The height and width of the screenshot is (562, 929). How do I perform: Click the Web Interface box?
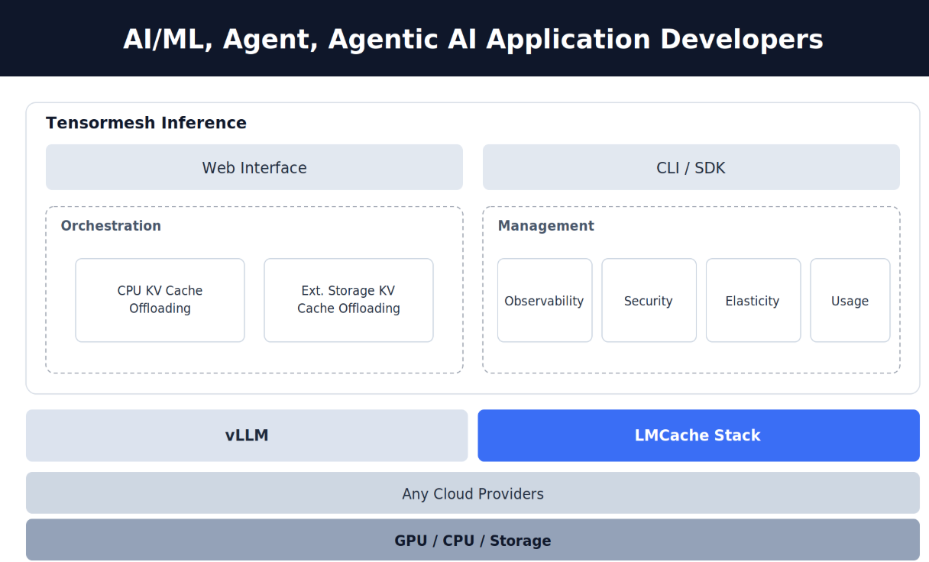point(254,167)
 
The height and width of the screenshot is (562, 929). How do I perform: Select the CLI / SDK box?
point(691,167)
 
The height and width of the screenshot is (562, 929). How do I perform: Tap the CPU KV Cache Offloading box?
point(160,300)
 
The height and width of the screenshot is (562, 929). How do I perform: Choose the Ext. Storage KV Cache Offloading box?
point(349,300)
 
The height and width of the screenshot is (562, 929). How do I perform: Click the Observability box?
point(545,300)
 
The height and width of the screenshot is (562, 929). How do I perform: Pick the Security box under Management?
point(649,300)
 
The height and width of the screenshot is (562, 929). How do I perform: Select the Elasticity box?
point(753,300)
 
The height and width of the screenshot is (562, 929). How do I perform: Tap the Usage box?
point(850,300)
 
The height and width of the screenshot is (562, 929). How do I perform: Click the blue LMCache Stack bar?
point(698,435)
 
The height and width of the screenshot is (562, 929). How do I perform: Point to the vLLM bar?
point(247,435)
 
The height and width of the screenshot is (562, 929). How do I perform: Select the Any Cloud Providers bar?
point(473,493)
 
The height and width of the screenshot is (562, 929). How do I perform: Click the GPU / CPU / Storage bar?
point(473,540)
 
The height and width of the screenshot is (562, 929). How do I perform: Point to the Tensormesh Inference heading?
point(146,123)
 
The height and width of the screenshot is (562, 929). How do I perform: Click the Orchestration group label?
point(111,225)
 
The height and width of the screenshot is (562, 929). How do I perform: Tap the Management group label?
point(545,226)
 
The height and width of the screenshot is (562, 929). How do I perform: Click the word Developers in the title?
point(741,40)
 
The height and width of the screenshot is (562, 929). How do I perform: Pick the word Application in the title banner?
point(568,40)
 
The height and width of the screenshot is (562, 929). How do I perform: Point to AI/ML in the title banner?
point(168,40)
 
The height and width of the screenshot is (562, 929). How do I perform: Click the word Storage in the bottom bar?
point(520,541)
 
